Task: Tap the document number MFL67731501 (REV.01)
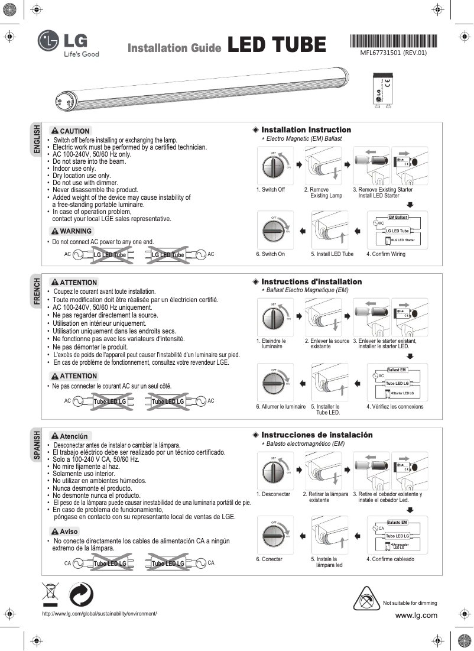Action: (393, 52)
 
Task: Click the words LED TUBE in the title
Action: (277, 45)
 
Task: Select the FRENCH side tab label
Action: (37, 291)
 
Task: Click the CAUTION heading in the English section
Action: (71, 131)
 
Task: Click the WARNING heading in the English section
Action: (72, 231)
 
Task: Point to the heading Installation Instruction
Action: (306, 130)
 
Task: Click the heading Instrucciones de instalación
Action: (316, 435)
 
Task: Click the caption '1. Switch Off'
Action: (271, 190)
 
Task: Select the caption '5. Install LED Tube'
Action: (332, 254)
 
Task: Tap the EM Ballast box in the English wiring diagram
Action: (398, 218)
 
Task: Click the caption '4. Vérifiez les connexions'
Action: (395, 407)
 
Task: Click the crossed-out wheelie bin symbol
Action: (51, 593)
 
